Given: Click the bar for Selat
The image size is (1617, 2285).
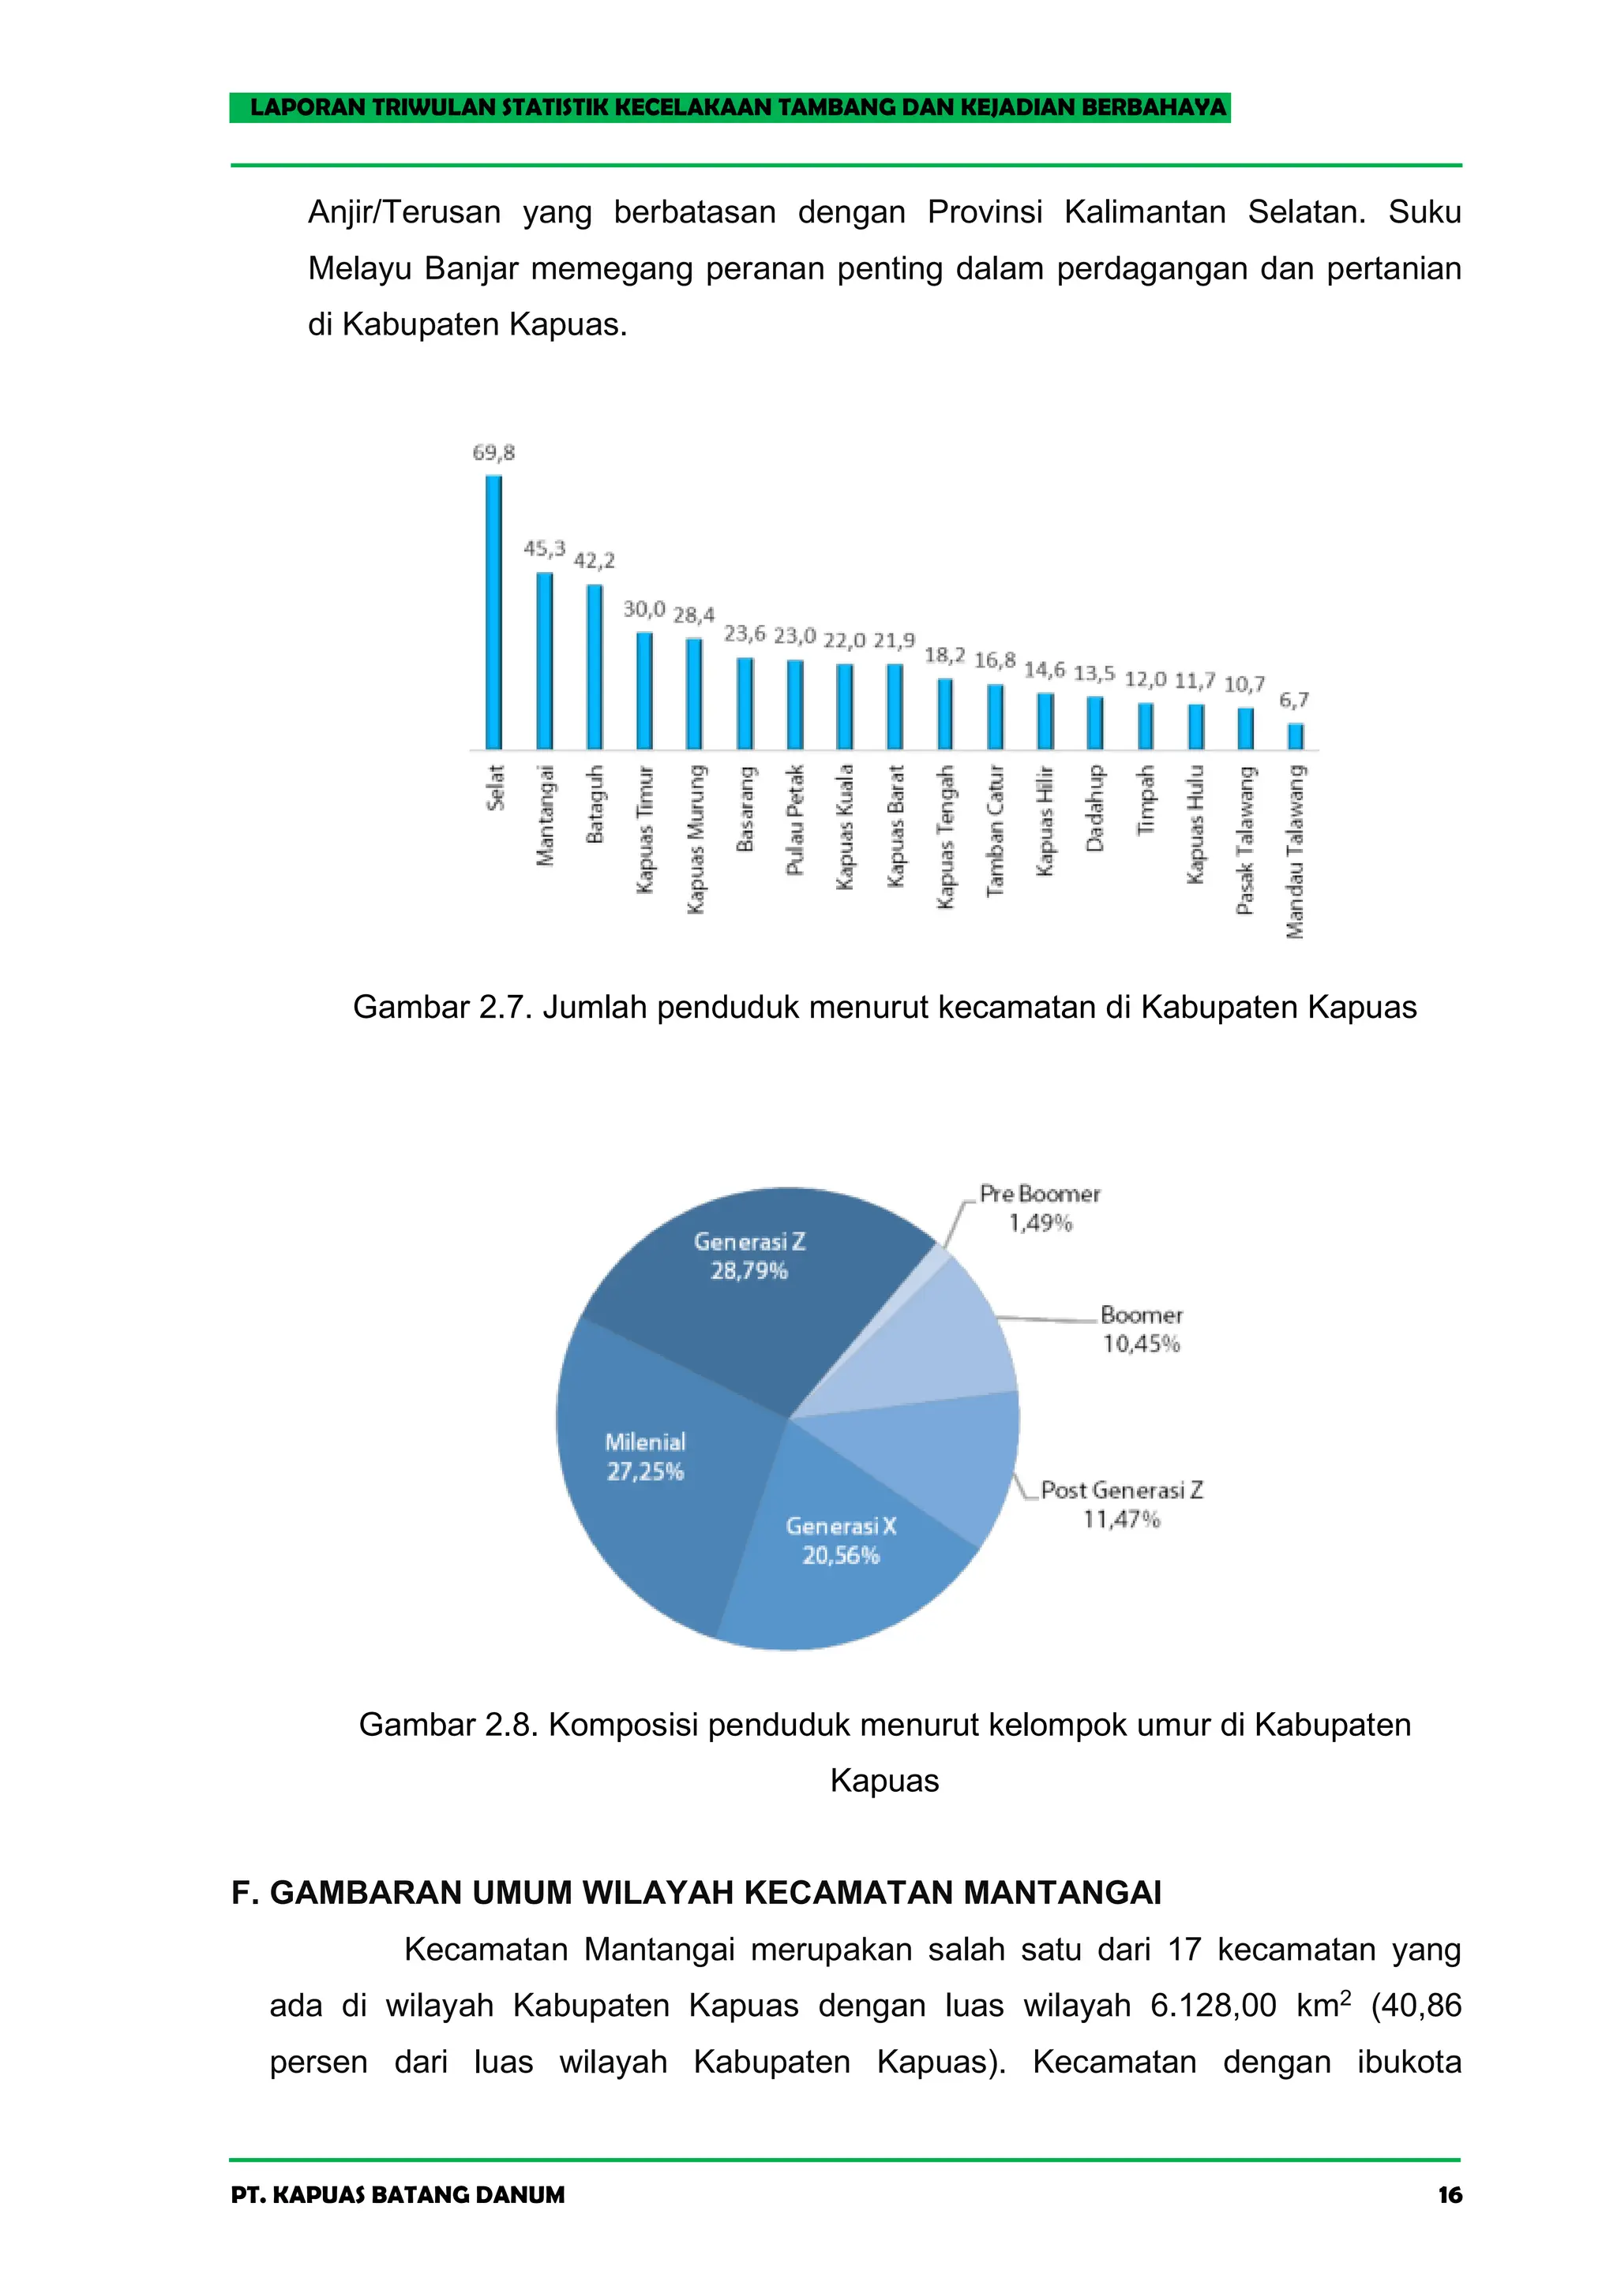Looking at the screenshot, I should click(x=493, y=612).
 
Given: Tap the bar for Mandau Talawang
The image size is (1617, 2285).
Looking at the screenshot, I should click(x=1296, y=735).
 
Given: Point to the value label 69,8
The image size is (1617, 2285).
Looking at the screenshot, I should click(x=493, y=454).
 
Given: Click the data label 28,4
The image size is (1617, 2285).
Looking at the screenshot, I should click(x=694, y=616).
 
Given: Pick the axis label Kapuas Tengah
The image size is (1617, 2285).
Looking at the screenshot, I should click(x=946, y=836).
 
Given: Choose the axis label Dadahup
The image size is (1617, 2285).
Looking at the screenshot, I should click(x=1095, y=808).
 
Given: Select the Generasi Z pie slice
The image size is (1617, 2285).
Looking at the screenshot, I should click(x=756, y=1294).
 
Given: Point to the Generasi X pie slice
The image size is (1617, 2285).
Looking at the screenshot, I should click(x=846, y=1562).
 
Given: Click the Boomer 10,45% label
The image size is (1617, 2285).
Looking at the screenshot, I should click(x=1141, y=1329).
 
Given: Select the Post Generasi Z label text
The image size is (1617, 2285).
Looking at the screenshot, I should click(x=1122, y=1490).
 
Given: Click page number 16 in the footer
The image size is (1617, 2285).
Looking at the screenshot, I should click(x=1450, y=2194).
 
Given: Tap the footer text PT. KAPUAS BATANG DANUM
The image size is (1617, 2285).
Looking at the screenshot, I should click(x=397, y=2194).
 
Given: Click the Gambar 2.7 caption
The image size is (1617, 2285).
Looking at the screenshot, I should click(x=884, y=1007).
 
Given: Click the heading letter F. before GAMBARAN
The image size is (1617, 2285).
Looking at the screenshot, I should click(x=244, y=1892).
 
